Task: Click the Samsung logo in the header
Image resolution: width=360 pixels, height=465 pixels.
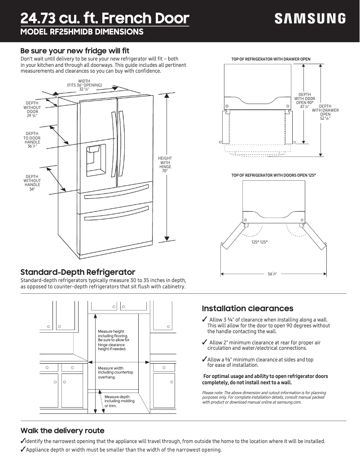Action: pos(310,18)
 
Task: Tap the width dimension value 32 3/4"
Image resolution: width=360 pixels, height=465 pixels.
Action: pos(84,89)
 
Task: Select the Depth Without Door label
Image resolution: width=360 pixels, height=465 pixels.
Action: pos(32,109)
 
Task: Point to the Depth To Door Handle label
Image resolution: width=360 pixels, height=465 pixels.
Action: pos(32,140)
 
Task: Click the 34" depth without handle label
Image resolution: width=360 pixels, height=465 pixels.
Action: pos(32,189)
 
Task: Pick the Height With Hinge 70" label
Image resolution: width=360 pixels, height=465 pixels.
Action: pos(165,165)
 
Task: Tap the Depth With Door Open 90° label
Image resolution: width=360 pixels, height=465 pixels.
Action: pos(304,101)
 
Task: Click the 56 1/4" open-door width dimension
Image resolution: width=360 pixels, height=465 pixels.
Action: pos(272,274)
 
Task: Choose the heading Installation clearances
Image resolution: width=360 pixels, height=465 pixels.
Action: pos(247,309)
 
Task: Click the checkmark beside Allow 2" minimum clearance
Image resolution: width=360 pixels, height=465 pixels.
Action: pos(205,343)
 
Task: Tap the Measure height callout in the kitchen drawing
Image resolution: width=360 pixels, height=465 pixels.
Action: pos(114,340)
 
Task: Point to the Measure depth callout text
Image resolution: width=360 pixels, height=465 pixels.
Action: pos(117,401)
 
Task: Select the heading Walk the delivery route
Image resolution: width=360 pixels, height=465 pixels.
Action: pos(62,430)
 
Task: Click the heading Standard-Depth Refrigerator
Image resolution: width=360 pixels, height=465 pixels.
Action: pos(78,272)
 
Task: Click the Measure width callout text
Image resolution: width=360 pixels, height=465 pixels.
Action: pos(115,373)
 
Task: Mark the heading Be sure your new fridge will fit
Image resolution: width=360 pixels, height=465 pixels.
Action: pos(75,50)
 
